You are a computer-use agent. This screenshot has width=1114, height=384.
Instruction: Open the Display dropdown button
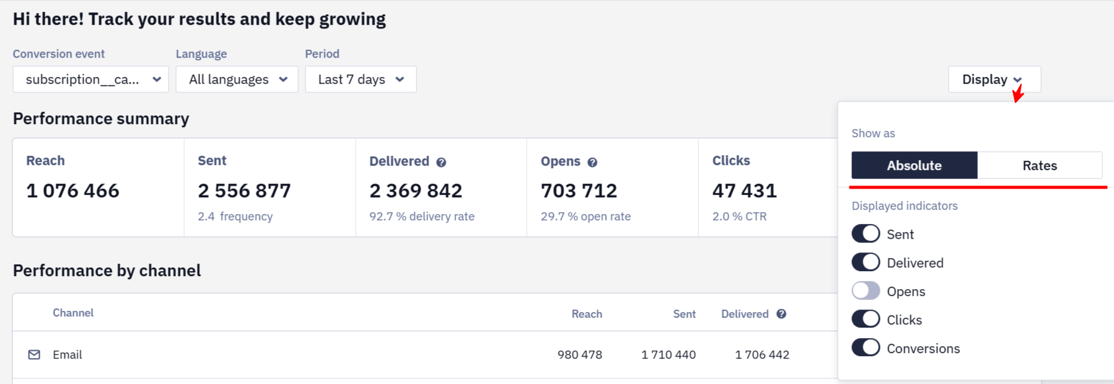(x=994, y=79)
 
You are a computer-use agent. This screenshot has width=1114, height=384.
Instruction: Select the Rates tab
(x=1040, y=166)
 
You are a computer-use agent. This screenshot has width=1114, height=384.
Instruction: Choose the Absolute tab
(x=914, y=166)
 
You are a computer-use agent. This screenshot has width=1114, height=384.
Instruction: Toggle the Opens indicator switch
(x=866, y=291)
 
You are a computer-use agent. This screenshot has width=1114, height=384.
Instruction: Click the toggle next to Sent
(x=866, y=234)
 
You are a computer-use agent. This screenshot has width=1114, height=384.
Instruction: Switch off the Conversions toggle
(x=866, y=348)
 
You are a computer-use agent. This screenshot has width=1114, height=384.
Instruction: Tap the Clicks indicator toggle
(x=866, y=319)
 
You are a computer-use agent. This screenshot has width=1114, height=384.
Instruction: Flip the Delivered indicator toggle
(x=866, y=262)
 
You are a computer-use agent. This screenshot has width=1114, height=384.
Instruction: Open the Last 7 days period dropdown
(x=361, y=79)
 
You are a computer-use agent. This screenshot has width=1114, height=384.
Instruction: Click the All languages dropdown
(x=237, y=79)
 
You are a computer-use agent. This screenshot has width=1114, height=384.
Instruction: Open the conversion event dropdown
(x=90, y=79)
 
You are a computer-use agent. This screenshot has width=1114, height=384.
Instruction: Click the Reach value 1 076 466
(x=72, y=191)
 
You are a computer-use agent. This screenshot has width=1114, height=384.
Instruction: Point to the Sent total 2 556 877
(x=244, y=191)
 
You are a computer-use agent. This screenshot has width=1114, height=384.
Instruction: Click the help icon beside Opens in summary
(x=592, y=163)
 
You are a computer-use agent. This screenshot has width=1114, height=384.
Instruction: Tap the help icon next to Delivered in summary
(x=441, y=163)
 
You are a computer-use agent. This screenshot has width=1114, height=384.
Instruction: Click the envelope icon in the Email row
(x=34, y=355)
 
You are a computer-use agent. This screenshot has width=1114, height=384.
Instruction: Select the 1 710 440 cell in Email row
(x=669, y=355)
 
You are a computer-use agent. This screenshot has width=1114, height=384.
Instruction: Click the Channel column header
(x=73, y=313)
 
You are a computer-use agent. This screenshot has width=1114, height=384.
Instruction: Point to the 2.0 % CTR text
(x=739, y=217)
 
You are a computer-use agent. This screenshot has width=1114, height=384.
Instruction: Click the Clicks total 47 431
(x=744, y=191)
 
